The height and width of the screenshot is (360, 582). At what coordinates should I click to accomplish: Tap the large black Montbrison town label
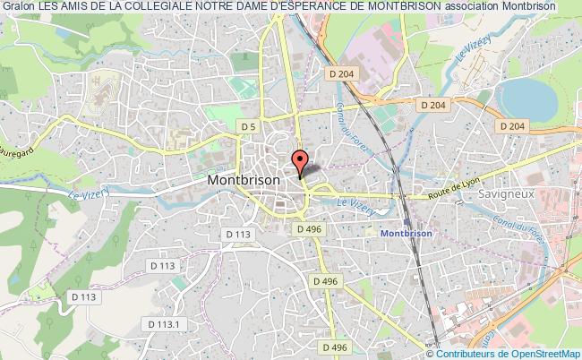click(x=244, y=179)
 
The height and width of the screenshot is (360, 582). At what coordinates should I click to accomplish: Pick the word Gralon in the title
click(x=18, y=6)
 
